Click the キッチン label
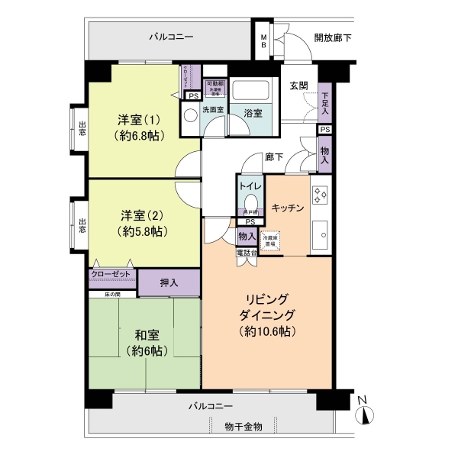(x=288, y=208)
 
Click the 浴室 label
(x=253, y=113)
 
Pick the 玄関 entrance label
(x=298, y=85)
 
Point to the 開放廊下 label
(x=333, y=37)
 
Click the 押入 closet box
(x=169, y=282)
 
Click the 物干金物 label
(x=244, y=426)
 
